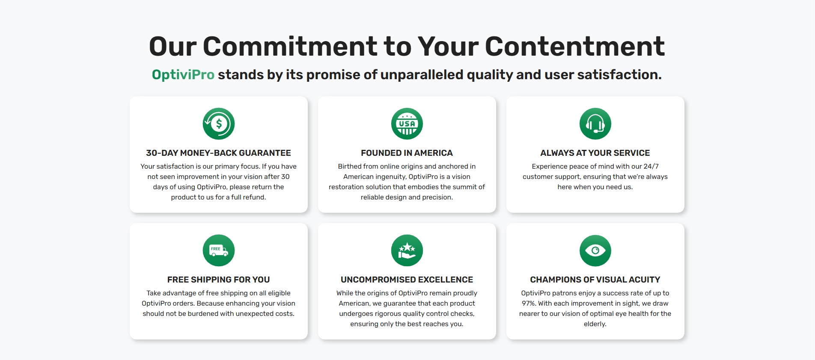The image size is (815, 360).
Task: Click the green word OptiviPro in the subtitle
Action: tap(183, 75)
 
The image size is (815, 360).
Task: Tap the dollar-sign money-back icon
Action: tap(219, 124)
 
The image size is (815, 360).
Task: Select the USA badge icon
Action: tap(407, 124)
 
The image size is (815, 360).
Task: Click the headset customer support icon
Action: tap(595, 124)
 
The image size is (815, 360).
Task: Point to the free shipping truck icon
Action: tap(219, 250)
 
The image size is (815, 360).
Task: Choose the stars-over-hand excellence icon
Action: tap(407, 250)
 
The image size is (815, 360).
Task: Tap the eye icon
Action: tap(595, 250)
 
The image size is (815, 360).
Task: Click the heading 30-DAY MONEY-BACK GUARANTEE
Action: tap(218, 153)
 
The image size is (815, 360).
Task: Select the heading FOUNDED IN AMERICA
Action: tap(407, 153)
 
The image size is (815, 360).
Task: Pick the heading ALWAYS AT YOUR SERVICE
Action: tap(595, 153)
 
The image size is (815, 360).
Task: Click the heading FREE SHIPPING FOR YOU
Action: tap(218, 280)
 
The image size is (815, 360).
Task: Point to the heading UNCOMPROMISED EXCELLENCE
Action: tap(407, 280)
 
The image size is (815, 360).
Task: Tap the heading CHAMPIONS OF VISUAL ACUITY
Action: tap(595, 280)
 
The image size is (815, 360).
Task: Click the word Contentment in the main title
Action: tap(575, 46)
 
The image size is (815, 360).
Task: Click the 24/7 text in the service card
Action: tap(651, 167)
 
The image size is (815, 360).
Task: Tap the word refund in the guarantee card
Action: tap(254, 197)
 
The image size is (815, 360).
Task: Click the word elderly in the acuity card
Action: tap(595, 324)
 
